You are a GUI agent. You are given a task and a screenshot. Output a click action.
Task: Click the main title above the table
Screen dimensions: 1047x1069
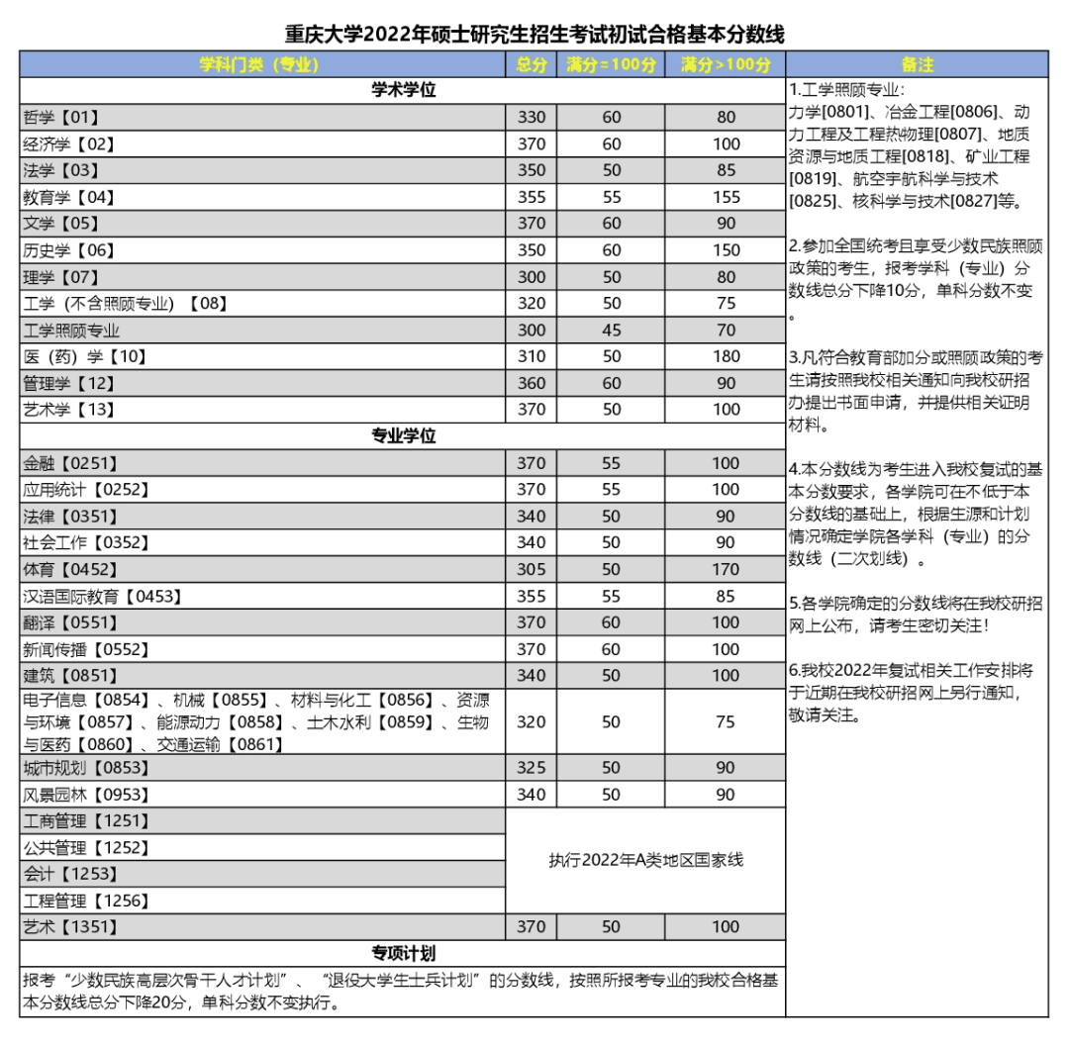pos(534,35)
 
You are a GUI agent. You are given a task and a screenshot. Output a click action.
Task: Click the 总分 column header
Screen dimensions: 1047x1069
pos(532,65)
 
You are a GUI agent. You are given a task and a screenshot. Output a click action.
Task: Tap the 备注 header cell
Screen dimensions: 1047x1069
pos(918,65)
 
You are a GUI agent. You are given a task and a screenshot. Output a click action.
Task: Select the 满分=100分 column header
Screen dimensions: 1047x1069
pos(612,65)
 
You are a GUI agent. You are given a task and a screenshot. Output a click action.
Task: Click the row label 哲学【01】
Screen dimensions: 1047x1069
pos(61,118)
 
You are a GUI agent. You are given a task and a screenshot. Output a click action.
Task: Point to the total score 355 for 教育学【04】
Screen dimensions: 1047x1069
pos(532,197)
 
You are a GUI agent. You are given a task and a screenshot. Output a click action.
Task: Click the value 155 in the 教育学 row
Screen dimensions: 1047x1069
pos(726,197)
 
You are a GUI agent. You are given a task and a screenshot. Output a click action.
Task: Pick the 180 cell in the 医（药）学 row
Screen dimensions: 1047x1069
pos(726,356)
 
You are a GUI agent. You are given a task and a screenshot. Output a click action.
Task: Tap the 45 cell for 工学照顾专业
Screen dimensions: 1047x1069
pos(612,331)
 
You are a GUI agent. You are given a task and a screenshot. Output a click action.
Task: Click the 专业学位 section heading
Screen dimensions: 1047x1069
pos(403,436)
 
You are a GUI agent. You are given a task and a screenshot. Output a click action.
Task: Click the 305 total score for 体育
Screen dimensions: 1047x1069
pos(532,569)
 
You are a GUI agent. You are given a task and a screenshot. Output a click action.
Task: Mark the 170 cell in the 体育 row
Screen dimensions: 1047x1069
pos(726,569)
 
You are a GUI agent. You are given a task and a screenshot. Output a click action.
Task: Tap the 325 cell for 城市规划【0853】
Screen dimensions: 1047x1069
pos(532,768)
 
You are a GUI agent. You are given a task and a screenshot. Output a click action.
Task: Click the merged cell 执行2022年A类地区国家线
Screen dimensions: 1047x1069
pos(645,860)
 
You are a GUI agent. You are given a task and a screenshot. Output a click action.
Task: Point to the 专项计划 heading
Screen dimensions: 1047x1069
pos(403,954)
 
